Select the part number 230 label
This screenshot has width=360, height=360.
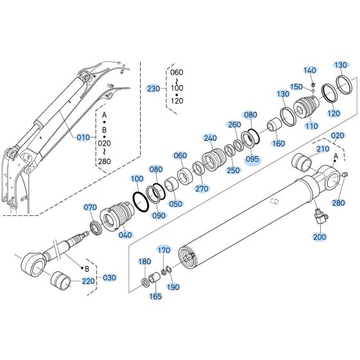tap(154, 88)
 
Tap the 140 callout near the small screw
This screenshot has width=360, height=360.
tap(310, 70)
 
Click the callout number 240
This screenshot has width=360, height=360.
tap(210, 138)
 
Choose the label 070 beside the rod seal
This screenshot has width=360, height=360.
tap(90, 207)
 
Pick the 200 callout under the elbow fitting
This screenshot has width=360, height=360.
tap(319, 237)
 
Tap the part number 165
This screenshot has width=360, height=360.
tap(156, 298)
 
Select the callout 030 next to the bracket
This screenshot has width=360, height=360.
tap(110, 278)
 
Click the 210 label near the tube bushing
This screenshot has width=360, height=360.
tap(323, 149)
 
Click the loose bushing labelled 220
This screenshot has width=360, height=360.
tap(62, 281)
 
